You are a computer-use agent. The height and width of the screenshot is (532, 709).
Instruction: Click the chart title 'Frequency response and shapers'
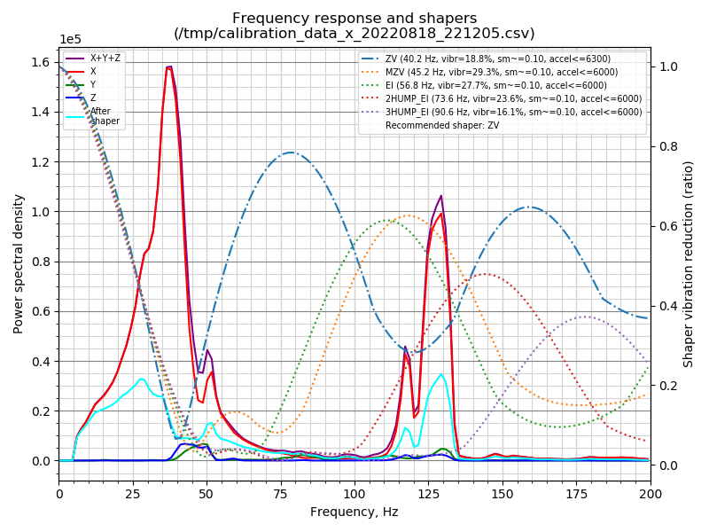[x=354, y=19]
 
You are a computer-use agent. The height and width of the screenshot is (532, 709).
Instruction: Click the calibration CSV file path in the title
[x=354, y=34]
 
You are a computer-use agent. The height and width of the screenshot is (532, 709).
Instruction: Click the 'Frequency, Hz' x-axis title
[x=354, y=512]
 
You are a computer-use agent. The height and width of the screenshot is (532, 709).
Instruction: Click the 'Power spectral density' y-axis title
[x=19, y=264]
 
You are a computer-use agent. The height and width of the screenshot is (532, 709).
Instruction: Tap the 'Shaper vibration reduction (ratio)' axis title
[x=689, y=264]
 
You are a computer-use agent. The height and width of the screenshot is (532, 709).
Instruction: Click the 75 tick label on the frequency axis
[x=281, y=492]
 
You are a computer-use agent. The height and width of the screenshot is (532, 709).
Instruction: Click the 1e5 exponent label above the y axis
[x=71, y=40]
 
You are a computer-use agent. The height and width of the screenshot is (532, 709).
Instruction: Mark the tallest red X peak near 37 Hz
[x=168, y=67]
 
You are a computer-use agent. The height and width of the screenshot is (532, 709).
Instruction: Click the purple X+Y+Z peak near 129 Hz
[x=440, y=196]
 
